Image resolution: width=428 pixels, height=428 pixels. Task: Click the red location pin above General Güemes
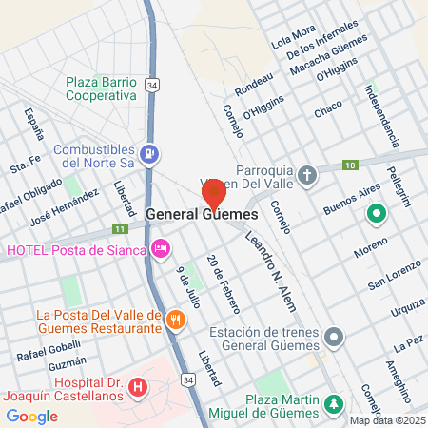214,193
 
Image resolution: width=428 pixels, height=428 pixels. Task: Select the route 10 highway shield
350,165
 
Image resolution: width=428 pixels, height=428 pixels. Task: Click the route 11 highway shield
119,229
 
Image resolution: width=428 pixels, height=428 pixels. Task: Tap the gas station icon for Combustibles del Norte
148,154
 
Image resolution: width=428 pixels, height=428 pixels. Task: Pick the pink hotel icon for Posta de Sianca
161,249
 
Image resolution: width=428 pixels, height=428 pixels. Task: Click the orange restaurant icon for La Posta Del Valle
174,321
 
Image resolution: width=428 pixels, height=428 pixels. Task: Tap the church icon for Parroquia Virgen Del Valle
306,175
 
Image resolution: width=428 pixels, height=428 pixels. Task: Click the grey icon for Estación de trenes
334,338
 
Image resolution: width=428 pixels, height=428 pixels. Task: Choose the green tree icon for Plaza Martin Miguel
334,404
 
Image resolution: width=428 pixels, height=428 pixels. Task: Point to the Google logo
32,416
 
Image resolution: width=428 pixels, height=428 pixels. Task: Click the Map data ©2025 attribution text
387,420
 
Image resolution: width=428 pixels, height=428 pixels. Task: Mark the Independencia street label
381,117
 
